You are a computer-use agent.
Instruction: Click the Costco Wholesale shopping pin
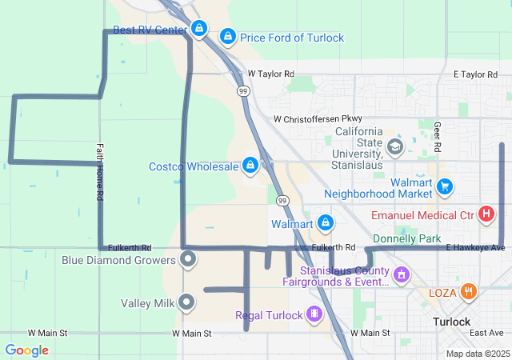250,165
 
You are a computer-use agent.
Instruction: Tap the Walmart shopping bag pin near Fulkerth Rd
326,222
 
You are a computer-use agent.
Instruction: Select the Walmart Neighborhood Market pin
446,187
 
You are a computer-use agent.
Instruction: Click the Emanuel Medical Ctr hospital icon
486,214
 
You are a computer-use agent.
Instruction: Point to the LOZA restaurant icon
470,292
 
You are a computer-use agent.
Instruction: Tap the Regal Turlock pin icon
316,314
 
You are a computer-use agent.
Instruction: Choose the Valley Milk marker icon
186,302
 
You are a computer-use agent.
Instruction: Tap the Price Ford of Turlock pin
228,37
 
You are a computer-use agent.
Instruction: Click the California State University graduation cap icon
394,146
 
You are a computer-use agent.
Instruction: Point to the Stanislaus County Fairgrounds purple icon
402,275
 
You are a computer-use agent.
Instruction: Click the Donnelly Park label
407,238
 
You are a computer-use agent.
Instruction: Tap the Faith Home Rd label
100,172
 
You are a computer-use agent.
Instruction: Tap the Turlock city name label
451,322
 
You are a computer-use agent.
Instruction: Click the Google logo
27,350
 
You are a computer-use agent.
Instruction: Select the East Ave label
486,332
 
